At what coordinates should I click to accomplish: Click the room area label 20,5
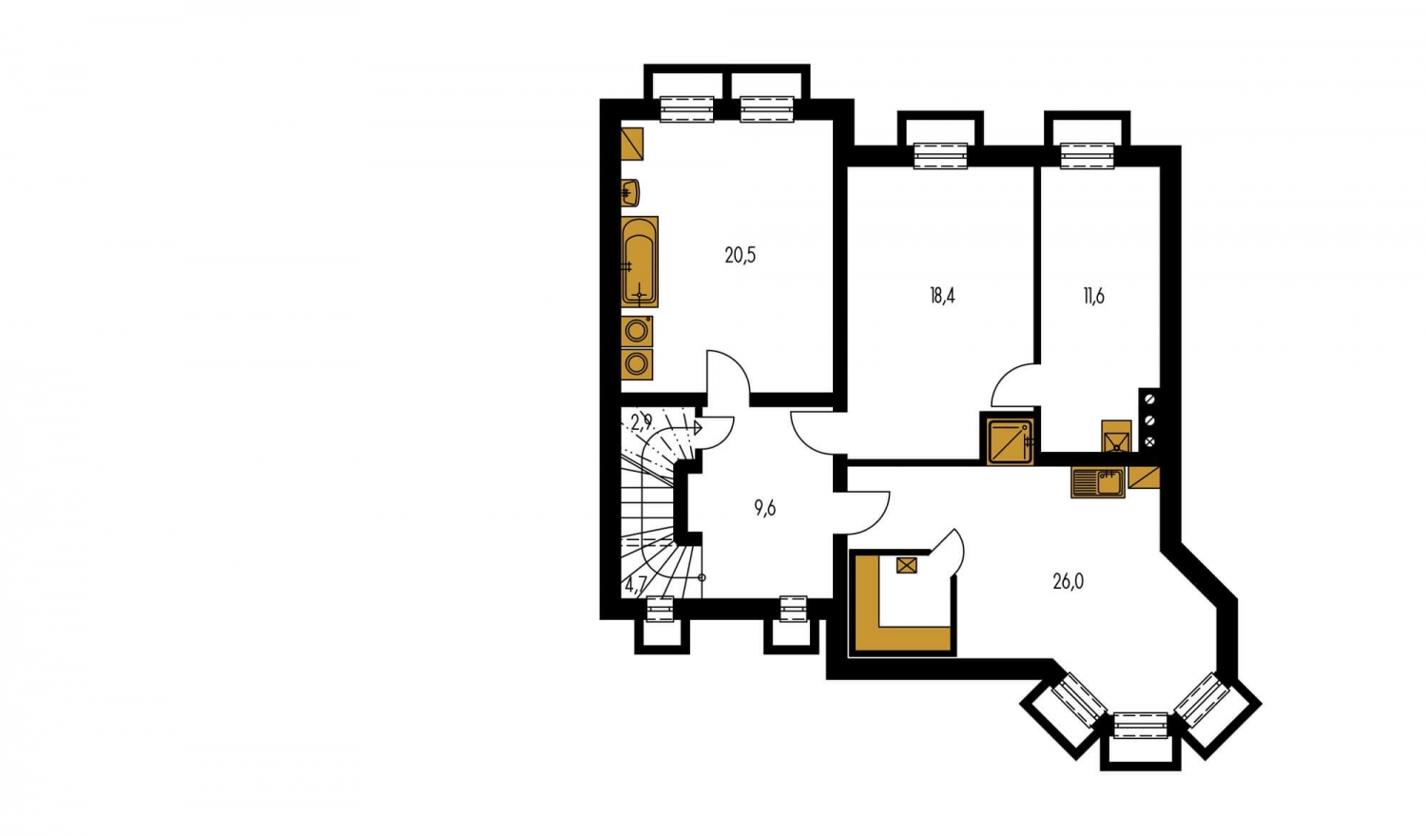tap(740, 255)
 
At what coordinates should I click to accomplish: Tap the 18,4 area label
tap(942, 296)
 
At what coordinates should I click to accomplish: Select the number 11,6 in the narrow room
tap(1093, 296)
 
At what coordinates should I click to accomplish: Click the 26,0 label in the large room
tap(1069, 582)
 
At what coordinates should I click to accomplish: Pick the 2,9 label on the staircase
tap(642, 422)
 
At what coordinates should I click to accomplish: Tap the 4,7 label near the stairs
tap(636, 585)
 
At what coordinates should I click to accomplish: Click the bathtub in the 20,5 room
tap(639, 262)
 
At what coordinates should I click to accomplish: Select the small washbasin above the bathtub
tap(629, 193)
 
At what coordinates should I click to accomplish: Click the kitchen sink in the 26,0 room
tap(1097, 482)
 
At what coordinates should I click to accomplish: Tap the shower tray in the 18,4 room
tap(1011, 440)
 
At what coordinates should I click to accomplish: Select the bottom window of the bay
tap(1141, 726)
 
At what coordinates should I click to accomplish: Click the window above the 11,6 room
tap(1088, 156)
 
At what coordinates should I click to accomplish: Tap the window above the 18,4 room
tap(940, 156)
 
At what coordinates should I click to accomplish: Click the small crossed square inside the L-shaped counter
tap(907, 565)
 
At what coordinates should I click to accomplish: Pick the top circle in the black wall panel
tap(1149, 399)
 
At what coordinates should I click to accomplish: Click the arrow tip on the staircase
tap(701, 428)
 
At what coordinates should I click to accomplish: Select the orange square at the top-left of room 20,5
tap(632, 144)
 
